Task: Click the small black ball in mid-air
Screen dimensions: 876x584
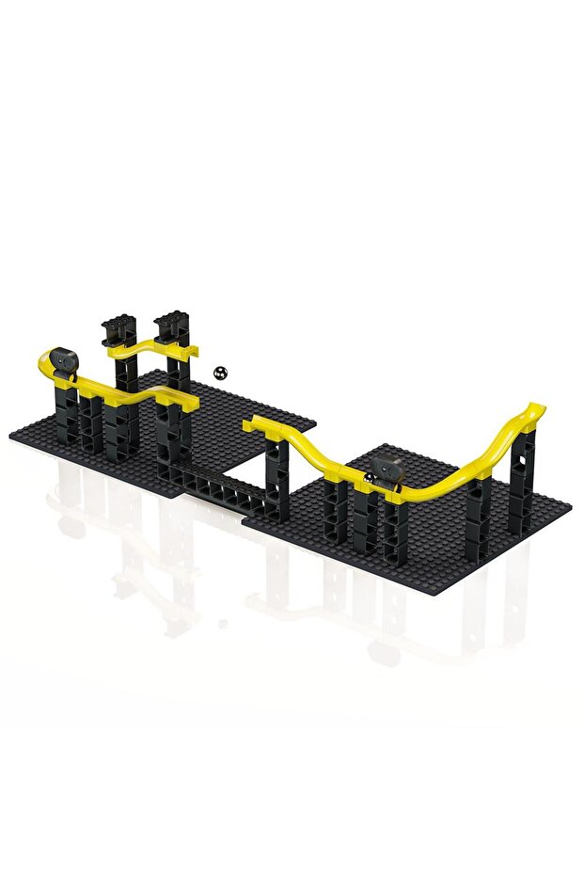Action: coord(220,373)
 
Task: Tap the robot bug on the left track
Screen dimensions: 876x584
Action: coord(63,360)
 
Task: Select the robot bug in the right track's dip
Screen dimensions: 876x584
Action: coord(387,470)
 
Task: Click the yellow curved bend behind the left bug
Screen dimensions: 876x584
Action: coord(45,360)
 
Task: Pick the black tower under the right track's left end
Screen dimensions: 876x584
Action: coord(277,480)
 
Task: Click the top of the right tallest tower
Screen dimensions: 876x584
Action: coord(170,322)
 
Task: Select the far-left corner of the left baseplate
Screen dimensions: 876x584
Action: coord(11,436)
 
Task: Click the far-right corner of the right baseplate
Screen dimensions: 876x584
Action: coord(568,508)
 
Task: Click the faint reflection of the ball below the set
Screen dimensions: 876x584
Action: coord(222,622)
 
